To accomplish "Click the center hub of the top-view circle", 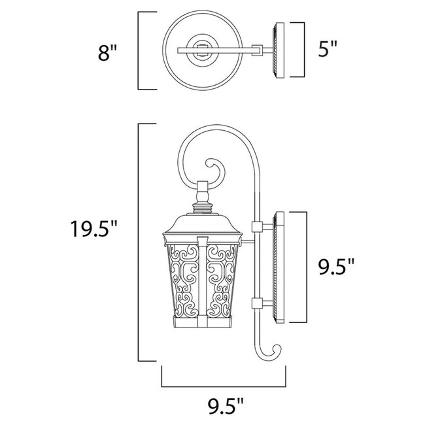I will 199,50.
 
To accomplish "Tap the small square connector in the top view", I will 258,50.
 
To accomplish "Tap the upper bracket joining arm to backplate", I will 256,228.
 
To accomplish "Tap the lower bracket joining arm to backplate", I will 256,301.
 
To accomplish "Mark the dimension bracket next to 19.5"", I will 139,242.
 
